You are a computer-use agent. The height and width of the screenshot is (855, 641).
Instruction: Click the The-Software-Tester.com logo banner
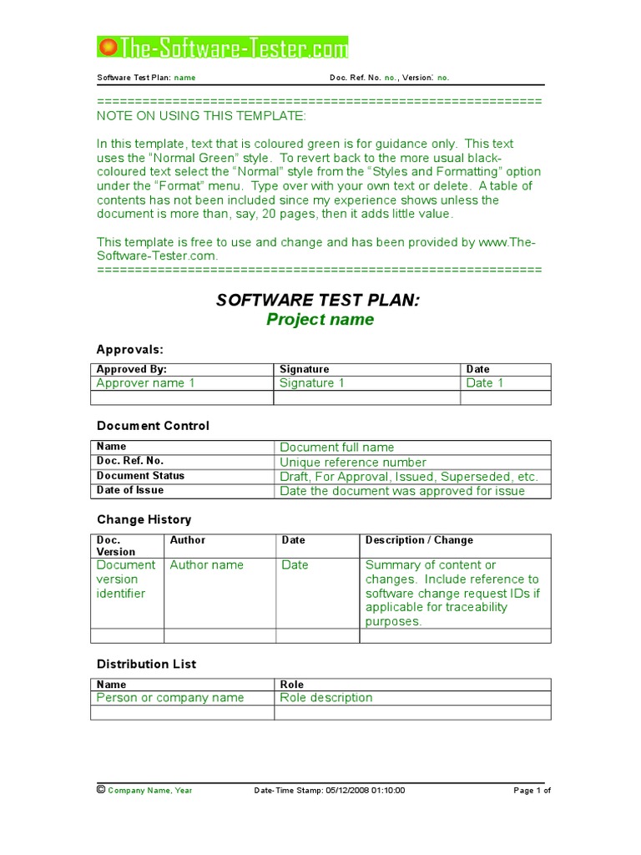[x=223, y=48]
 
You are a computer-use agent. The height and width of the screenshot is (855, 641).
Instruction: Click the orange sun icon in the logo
[x=108, y=48]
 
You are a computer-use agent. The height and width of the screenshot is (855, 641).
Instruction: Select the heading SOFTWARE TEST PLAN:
[x=318, y=301]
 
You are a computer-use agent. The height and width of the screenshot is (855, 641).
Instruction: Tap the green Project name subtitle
[x=320, y=320]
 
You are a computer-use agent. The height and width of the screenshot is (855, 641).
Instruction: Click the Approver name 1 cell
[x=145, y=383]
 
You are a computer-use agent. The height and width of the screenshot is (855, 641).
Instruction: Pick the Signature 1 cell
[x=312, y=383]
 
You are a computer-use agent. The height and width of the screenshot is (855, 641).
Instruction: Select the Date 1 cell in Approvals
[x=485, y=383]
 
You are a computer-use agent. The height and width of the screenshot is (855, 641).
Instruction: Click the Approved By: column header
[x=132, y=369]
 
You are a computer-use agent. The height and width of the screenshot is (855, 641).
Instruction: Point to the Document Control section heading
[x=153, y=426]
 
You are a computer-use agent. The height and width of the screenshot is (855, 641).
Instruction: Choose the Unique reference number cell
[x=353, y=462]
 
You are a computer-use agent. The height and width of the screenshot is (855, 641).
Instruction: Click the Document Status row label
[x=140, y=476]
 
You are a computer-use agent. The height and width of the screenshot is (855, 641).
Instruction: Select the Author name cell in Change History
[x=206, y=565]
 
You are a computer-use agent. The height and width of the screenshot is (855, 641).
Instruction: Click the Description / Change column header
[x=419, y=540]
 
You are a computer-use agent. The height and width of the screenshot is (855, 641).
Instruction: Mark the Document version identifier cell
[x=126, y=579]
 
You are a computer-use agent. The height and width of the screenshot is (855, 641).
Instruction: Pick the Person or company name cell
[x=170, y=698]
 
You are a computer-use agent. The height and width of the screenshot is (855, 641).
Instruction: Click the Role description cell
[x=326, y=698]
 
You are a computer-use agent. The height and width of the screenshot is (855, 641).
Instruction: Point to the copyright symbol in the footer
[x=101, y=789]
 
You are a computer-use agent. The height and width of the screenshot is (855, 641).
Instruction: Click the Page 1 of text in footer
[x=532, y=790]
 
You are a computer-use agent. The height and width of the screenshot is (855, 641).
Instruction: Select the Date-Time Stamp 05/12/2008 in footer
[x=329, y=790]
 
